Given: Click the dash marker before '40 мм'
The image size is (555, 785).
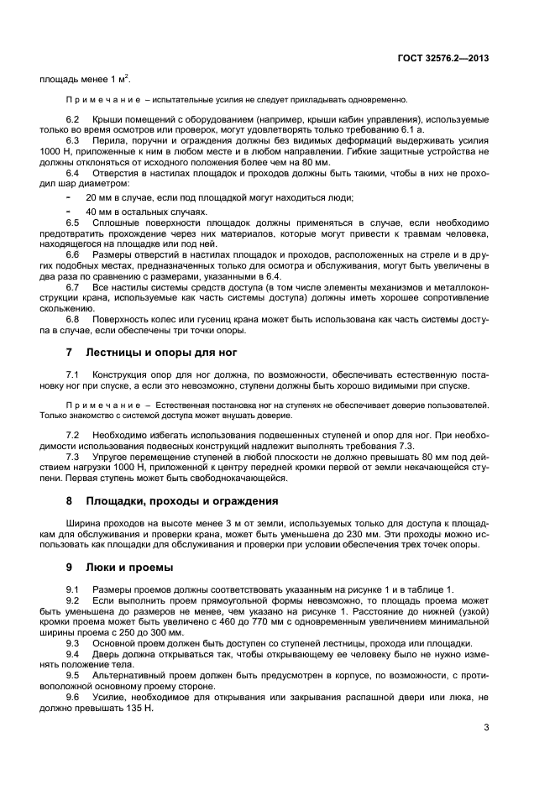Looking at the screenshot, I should pos(68,212).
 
